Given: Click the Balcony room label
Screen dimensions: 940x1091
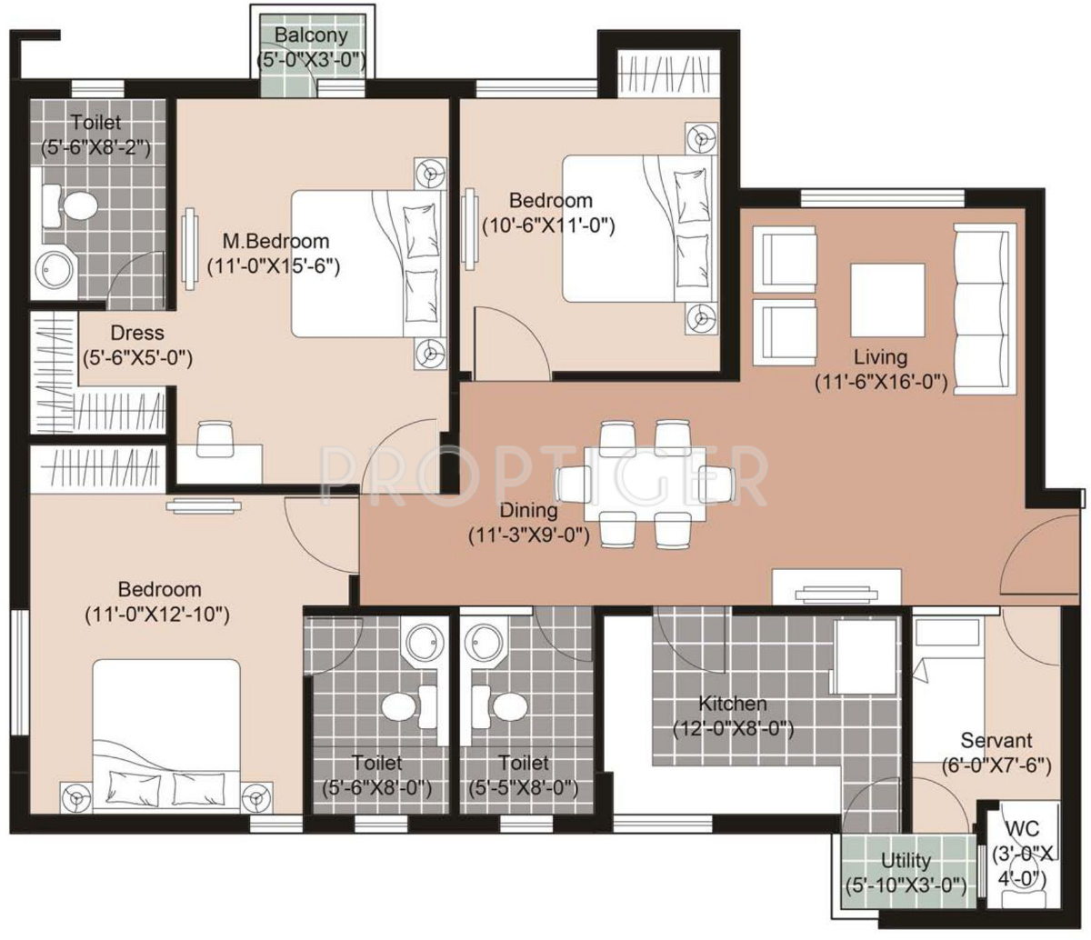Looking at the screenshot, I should tap(311, 36).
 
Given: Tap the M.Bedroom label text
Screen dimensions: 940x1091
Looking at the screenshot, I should tap(276, 242).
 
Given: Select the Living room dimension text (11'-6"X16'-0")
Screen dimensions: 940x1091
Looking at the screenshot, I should tap(881, 384).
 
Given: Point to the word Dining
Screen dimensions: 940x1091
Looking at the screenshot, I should tap(528, 511).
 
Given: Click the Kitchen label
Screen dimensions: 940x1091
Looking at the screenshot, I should tap(732, 704).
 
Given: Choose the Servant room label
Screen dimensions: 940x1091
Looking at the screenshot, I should tap(996, 741).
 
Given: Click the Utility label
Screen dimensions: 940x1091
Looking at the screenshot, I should tap(906, 861).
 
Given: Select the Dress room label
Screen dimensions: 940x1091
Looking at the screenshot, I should tap(137, 334).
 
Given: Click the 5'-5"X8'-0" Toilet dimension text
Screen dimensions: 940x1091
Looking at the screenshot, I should tap(523, 788).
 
